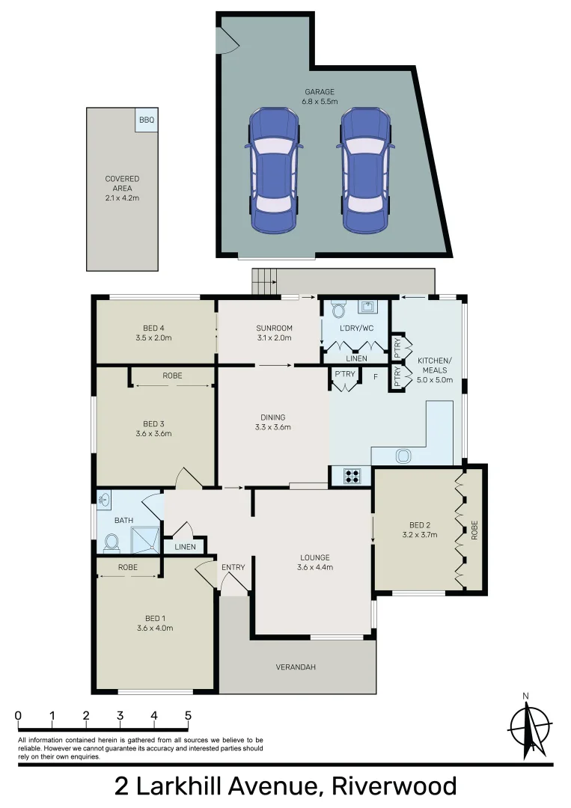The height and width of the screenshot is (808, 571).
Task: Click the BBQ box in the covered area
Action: [x=146, y=120]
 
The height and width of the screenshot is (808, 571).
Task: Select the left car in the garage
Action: [x=274, y=170]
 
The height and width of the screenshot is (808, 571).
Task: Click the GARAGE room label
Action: [x=319, y=92]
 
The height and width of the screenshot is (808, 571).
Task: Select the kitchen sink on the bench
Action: [x=403, y=454]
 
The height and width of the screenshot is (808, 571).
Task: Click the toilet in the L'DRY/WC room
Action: [x=338, y=308]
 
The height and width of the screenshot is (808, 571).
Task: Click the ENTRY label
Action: [x=233, y=567]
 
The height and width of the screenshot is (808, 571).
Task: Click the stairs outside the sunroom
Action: [x=264, y=283]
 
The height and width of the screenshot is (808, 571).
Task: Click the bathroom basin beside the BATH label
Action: [x=104, y=499]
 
